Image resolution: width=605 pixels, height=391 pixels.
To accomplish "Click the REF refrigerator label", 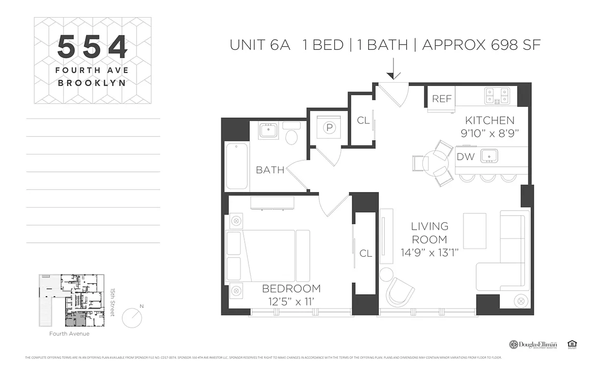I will pos(441,99).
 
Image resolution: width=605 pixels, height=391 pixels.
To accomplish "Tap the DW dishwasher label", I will pos(465,157).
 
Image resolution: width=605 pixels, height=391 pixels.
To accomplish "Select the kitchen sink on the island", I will pos(489,156).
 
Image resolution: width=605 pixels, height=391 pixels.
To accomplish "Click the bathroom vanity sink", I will pos(268,130).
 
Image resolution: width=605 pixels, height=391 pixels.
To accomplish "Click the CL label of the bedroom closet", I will pos(366,253).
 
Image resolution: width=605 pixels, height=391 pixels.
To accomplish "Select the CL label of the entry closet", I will pos(363,121).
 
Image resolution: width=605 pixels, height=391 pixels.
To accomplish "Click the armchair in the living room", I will pos(399,292).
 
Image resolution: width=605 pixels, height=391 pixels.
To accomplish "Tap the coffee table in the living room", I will pos(474,230).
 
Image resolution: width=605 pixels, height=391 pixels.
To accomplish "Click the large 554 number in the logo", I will pos(93,47).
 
